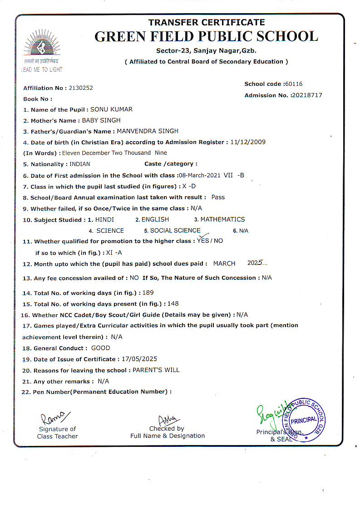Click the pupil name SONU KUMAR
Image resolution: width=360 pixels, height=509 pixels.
[x=112, y=109]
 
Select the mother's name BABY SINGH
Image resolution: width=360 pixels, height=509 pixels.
[x=101, y=120]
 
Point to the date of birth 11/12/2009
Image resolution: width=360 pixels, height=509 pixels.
[x=248, y=142]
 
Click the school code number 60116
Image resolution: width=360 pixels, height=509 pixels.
[x=294, y=84]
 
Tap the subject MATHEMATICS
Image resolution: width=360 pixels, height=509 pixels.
[x=222, y=220]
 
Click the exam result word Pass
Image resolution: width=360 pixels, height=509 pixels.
[x=218, y=197]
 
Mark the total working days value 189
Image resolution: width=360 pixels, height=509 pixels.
[x=148, y=293]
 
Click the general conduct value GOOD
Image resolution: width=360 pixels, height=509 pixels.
[x=101, y=348]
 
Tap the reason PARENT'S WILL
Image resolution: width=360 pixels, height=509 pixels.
[x=156, y=370]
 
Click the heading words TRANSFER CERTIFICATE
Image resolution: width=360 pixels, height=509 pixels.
[x=206, y=22]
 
